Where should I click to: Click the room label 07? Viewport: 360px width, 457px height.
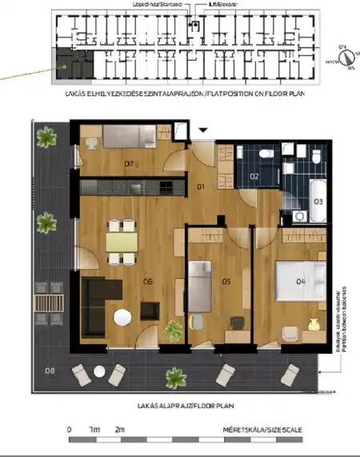[128, 164]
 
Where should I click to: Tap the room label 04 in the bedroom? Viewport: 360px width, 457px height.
[301, 281]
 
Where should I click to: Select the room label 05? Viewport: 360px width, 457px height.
[226, 281]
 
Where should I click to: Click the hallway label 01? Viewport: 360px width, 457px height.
[202, 186]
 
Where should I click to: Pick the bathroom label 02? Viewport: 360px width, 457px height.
[254, 176]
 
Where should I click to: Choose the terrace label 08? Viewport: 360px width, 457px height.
[50, 371]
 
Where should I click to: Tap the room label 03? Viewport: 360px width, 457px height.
[318, 201]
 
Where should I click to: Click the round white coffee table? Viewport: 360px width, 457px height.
[123, 318]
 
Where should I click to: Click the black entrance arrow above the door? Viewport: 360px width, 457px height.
[203, 129]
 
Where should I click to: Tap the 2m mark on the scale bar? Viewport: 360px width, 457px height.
[121, 430]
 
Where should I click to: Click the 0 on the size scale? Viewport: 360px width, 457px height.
[70, 430]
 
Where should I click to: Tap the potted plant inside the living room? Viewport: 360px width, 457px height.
[171, 328]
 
